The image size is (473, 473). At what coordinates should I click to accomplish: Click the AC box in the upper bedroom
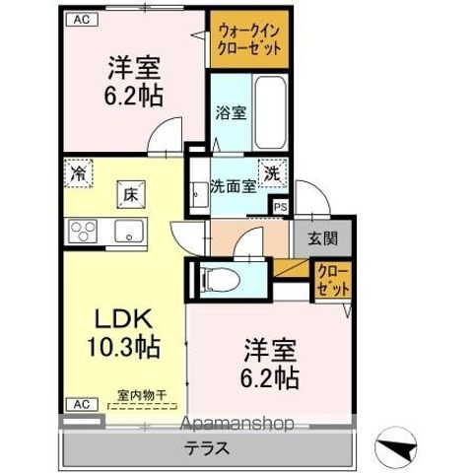coord(82,20)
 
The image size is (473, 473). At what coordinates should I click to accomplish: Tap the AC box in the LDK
coord(82,404)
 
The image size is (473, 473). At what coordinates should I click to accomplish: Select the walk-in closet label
coord(249,40)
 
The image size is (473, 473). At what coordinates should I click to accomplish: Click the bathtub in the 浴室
coord(270,112)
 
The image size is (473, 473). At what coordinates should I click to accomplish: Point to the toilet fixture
coord(221,280)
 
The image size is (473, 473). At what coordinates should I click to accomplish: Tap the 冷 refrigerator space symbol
coord(79,173)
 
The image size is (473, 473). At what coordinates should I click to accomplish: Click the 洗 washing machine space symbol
coord(272,172)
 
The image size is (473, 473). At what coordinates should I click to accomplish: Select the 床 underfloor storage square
coord(131,194)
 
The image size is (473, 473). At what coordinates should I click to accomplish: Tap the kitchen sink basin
coord(129,232)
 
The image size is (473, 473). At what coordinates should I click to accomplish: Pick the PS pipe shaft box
coord(281,207)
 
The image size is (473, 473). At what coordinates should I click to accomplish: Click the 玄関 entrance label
coord(322,238)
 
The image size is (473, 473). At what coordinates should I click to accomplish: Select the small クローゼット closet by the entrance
coord(333,280)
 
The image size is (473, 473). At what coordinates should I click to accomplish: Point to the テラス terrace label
coord(207,448)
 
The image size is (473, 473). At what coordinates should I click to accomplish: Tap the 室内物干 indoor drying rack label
coord(142,395)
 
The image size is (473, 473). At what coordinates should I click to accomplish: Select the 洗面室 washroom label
coord(234,186)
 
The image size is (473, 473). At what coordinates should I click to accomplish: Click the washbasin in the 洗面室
coord(199,194)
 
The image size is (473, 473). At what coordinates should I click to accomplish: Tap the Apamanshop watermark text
coord(236,423)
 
